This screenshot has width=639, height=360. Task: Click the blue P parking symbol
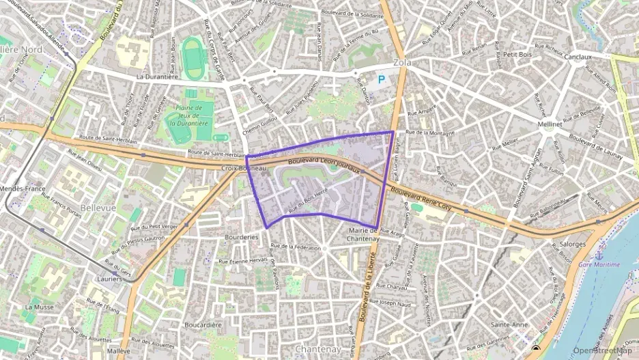pyautogui.click(x=382, y=79)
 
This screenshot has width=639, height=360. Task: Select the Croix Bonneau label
pyautogui.click(x=244, y=167)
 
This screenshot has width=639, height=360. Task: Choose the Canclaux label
pyautogui.click(x=578, y=57)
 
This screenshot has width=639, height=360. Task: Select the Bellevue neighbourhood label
pyautogui.click(x=98, y=207)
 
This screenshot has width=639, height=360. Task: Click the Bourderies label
pyautogui.click(x=242, y=237)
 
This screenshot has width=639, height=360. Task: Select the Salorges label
pyautogui.click(x=572, y=244)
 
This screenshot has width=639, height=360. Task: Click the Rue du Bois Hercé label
pyautogui.click(x=313, y=202)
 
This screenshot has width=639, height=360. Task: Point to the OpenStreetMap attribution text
pyautogui.click(x=603, y=350)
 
